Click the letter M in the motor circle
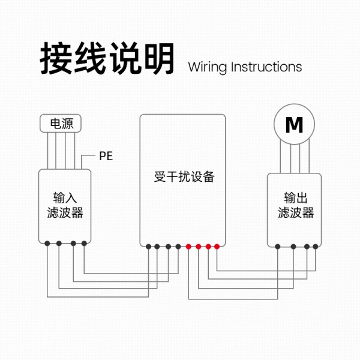tap(294, 125)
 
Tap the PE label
tap(106, 156)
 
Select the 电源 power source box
tap(61, 123)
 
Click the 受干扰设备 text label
tap(184, 177)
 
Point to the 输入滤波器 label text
tap(65, 205)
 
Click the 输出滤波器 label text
tap(296, 205)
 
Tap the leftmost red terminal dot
tap(188, 247)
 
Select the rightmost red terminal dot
tap(217, 247)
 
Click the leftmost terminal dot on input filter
tap(47, 244)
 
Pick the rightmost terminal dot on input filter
tap(84, 244)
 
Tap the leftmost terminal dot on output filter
tap(278, 247)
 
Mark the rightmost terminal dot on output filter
tap(315, 247)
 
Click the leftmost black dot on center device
tap(149, 247)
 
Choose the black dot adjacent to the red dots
tap(178, 247)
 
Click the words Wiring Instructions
tap(245, 67)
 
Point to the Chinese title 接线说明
tap(107, 59)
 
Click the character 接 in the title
tap(56, 59)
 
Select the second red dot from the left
tap(199, 247)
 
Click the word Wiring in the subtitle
tap(208, 67)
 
